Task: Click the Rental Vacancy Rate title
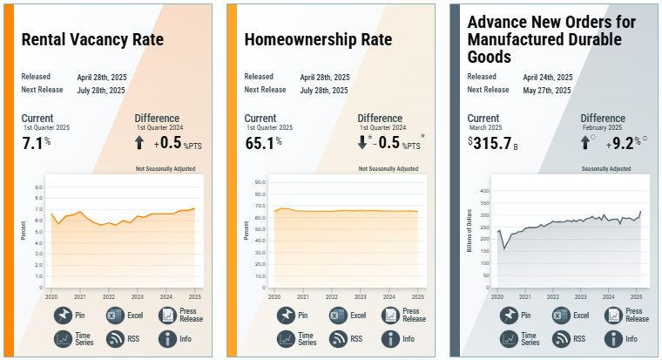click(92, 40)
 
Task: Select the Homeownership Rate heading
click(318, 40)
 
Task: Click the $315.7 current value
click(493, 143)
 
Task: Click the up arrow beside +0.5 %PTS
click(139, 143)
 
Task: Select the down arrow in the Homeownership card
click(362, 143)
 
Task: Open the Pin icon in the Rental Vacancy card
click(64, 315)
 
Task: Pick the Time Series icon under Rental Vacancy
click(64, 338)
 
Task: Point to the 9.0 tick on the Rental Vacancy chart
click(38, 187)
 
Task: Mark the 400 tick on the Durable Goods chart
click(485, 190)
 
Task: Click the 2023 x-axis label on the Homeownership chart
click(360, 296)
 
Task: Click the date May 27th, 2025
click(547, 91)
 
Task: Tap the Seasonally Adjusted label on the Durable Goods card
click(606, 168)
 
